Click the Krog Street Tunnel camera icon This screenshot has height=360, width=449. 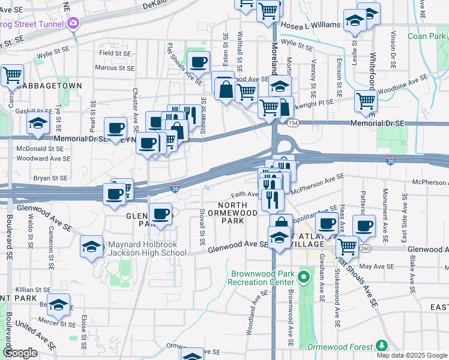(73, 23)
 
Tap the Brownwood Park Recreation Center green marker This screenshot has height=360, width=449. (304, 277)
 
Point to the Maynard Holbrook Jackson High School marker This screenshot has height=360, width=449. (91, 247)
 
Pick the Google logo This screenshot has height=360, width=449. (20, 353)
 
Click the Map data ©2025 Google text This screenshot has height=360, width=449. (411, 355)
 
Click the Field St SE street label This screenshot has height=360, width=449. (115, 53)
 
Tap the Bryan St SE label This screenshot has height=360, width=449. (51, 178)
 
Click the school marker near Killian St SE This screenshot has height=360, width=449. (59, 305)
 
